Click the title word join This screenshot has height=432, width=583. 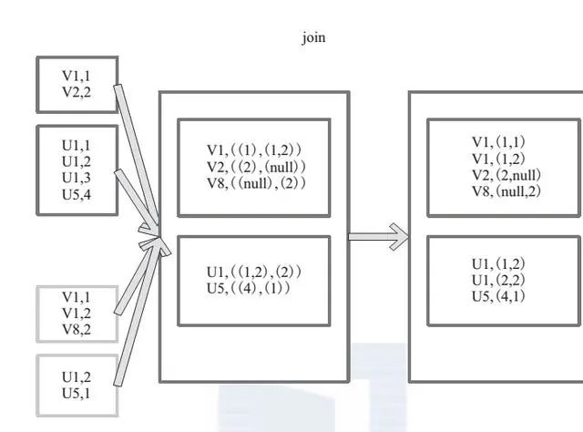[313, 38]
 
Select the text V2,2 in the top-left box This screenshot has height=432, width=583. [77, 91]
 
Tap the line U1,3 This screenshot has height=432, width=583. [77, 177]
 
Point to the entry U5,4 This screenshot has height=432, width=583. [77, 193]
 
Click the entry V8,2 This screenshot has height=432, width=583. [77, 330]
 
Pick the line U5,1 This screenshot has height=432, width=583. [77, 393]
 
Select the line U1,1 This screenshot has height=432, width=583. [77, 145]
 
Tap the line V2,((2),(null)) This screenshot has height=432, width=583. [254, 167]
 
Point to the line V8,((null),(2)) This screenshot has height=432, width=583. [254, 183]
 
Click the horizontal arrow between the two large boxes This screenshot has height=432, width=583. [378, 237]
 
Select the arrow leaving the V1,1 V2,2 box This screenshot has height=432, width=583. [137, 155]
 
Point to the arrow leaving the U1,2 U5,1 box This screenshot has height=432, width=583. [137, 310]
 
